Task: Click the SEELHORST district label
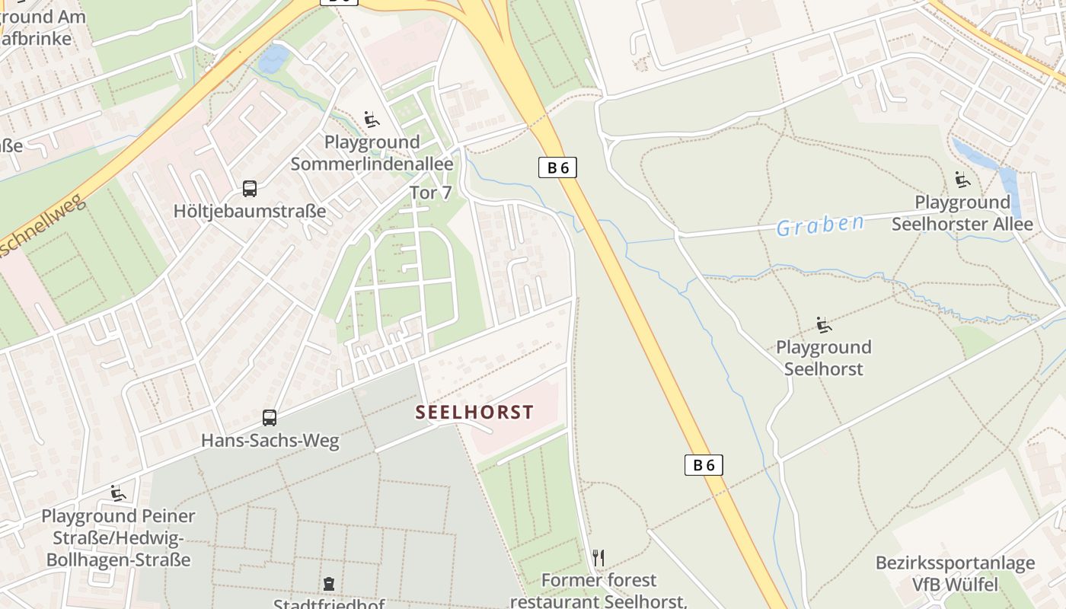point(474,412)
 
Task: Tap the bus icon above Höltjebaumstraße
point(249,188)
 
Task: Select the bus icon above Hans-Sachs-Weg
point(270,417)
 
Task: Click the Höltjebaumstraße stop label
point(250,211)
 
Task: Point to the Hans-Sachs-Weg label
point(270,440)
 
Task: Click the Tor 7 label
point(431,193)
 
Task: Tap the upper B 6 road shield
point(557,167)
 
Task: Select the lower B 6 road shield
point(704,464)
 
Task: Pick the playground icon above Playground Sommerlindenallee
point(372,120)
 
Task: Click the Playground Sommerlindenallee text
point(372,152)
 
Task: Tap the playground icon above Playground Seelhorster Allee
point(962,180)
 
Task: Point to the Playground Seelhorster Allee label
point(962,213)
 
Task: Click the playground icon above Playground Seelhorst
point(823,324)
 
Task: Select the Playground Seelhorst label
point(823,358)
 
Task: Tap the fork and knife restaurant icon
point(598,558)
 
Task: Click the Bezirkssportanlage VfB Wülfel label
point(955,573)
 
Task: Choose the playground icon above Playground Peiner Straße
point(118,493)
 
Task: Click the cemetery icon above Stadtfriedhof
point(328,584)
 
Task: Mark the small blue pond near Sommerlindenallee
point(273,59)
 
